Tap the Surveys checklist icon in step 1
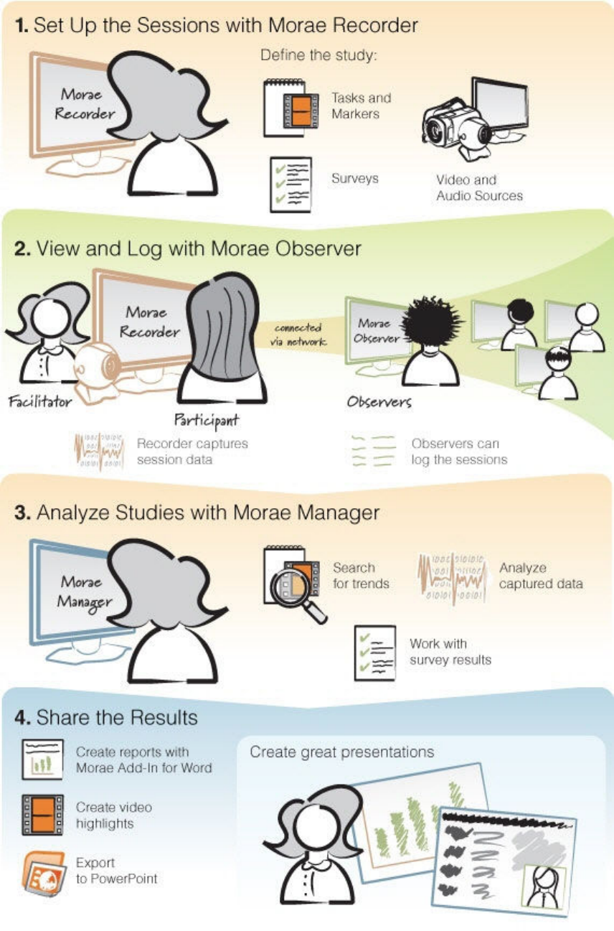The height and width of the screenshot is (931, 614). click(291, 184)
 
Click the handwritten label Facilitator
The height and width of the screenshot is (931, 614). click(40, 401)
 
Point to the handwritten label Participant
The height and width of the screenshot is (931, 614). click(207, 418)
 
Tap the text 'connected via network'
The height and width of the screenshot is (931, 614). click(298, 335)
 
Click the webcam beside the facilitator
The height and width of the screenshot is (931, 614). click(95, 367)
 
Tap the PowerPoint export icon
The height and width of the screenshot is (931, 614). click(42, 871)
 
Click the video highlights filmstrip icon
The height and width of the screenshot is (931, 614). click(42, 815)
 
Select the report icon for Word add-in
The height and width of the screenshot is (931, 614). click(42, 759)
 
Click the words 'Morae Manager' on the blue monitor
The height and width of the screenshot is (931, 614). click(80, 591)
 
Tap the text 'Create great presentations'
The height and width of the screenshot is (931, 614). click(341, 752)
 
